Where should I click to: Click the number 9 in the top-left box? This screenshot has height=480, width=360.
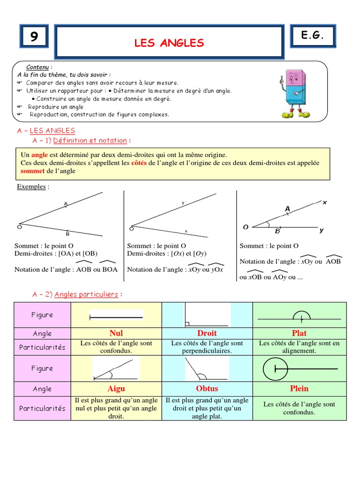click(34, 37)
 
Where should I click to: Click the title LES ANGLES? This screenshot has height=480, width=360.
click(169, 43)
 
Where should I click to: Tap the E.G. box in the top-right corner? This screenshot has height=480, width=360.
click(313, 35)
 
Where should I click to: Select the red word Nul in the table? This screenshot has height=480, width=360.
click(116, 333)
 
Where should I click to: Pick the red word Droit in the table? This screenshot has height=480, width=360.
click(207, 333)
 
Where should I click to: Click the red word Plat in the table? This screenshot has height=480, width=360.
click(299, 333)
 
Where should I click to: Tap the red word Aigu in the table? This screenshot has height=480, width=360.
click(116, 389)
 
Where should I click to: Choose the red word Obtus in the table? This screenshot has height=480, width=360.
click(207, 389)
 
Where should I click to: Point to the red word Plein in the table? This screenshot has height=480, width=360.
click(299, 389)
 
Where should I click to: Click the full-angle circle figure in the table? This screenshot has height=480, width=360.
click(275, 369)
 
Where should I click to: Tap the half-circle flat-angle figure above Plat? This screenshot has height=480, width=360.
click(300, 317)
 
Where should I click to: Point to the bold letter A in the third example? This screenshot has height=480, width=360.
click(287, 209)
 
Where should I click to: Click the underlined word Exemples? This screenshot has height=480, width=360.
click(31, 187)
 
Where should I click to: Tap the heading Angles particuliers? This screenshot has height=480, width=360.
click(86, 294)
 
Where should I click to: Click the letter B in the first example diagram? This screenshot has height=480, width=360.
click(67, 233)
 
